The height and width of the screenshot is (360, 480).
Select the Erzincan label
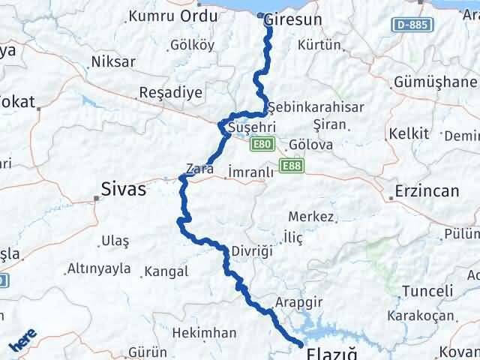(x=428, y=191)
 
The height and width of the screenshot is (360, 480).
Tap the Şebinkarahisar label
(x=316, y=107)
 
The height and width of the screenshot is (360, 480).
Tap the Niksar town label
(x=112, y=61)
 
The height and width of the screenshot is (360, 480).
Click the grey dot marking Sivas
(x=96, y=199)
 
